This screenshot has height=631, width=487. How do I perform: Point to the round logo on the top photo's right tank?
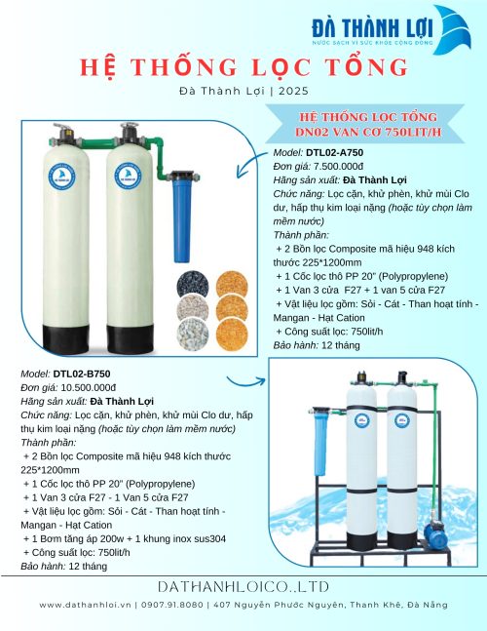tap(127, 177)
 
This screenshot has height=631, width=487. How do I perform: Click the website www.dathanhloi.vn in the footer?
tap(83, 605)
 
